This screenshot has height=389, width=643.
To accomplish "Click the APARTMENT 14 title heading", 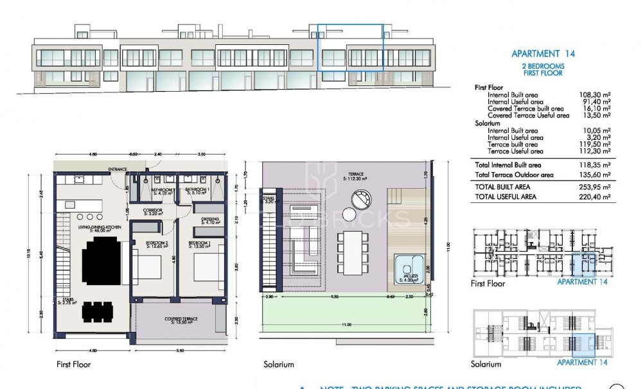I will coord(543,54).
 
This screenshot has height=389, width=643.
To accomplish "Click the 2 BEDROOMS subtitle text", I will coord(543,66).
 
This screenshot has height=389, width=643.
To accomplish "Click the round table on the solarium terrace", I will coord(351,215).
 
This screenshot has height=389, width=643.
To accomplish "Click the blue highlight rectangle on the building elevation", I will coord(351,48).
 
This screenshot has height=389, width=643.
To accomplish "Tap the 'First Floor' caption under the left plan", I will coord(74,365).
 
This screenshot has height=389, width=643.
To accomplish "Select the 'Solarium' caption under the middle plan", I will coord(279,365).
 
